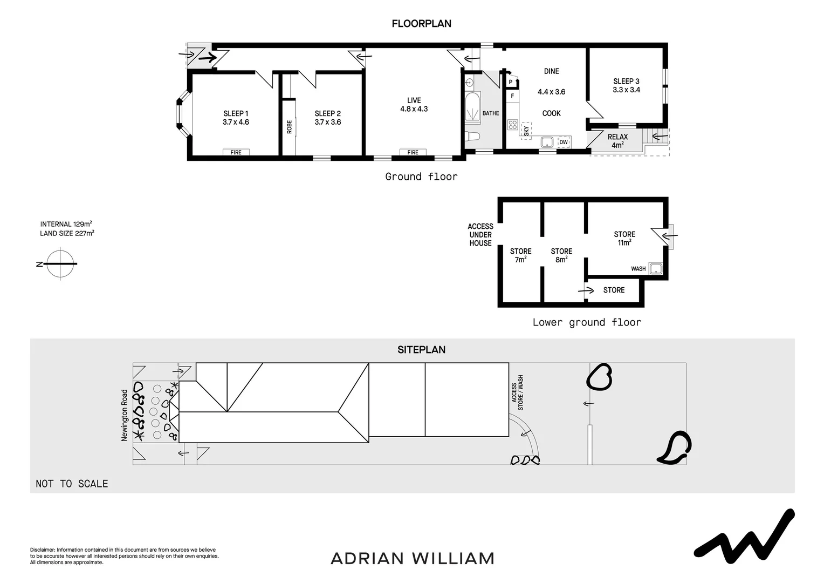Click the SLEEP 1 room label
point(236,113)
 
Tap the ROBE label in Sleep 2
point(290,127)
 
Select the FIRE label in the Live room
point(413,152)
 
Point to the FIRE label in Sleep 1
point(236,152)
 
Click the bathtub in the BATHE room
point(472,109)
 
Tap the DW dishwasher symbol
point(564,142)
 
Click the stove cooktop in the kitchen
point(512,125)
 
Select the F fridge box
point(512,96)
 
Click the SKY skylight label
point(526,130)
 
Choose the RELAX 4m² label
point(617,141)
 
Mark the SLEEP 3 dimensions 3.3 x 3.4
point(626,90)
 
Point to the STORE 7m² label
point(520,255)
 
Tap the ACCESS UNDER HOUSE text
point(480,235)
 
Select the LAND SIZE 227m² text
point(67,233)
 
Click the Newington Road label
point(125,415)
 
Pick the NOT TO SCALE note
point(72,484)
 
